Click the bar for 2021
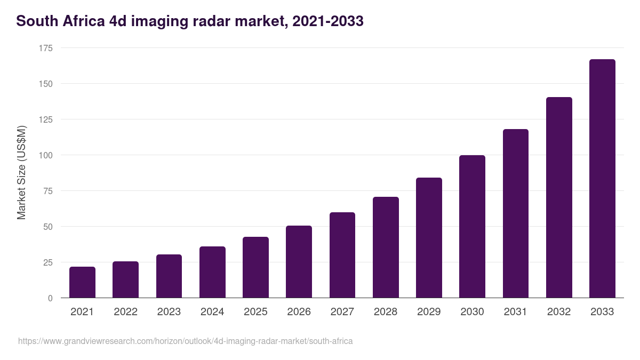coord(82,282)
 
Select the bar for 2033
coord(602,179)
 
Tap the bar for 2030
coord(472,227)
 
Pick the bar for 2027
coord(342,255)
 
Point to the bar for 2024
coord(212,272)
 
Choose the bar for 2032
coord(559,197)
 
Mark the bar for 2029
coord(429,238)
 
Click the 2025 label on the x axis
coord(255,312)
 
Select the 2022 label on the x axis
coord(125,312)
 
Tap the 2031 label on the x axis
coord(515,312)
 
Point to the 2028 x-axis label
coord(385,312)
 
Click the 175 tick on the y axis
coord(46,49)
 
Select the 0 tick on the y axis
coord(50,298)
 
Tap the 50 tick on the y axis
coord(48,227)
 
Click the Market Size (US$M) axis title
coord(21,173)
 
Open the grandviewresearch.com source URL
coord(185,341)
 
